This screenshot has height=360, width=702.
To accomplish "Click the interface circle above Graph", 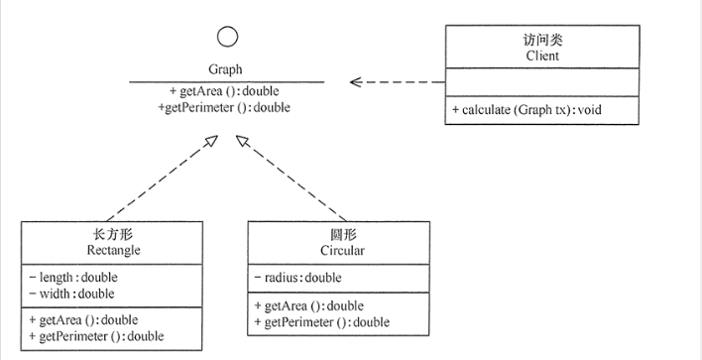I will [227, 38].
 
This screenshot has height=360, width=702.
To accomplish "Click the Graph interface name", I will [226, 70].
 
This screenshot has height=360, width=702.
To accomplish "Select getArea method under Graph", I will [225, 90].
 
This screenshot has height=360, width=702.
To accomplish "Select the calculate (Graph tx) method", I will [526, 109].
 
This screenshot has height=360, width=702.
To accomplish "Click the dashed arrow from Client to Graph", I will [397, 81].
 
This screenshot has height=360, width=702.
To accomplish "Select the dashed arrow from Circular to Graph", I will [292, 179].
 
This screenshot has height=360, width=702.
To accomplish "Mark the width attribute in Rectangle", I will [71, 294].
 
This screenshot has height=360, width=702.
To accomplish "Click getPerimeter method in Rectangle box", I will [96, 336].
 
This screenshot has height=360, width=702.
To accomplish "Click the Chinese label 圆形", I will [337, 234].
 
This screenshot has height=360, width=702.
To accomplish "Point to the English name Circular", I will [337, 250].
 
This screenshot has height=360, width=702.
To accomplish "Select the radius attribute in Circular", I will [296, 278].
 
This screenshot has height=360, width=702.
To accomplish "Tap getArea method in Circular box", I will [308, 305].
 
